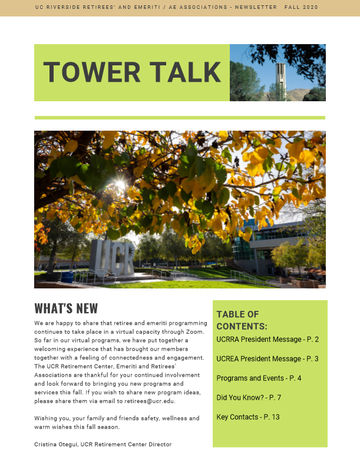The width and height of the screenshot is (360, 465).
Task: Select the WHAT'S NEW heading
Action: click(66, 309)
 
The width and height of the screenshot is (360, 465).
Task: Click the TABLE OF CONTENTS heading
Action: click(242, 320)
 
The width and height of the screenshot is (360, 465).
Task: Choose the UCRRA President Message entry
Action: click(267, 340)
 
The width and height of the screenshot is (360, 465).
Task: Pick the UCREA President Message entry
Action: click(267, 359)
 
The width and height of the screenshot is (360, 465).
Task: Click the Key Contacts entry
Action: click(247, 417)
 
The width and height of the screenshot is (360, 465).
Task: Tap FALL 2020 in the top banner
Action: click(300, 7)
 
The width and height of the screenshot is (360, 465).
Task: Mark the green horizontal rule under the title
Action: click(180, 118)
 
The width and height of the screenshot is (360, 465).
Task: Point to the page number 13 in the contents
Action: click(275, 417)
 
